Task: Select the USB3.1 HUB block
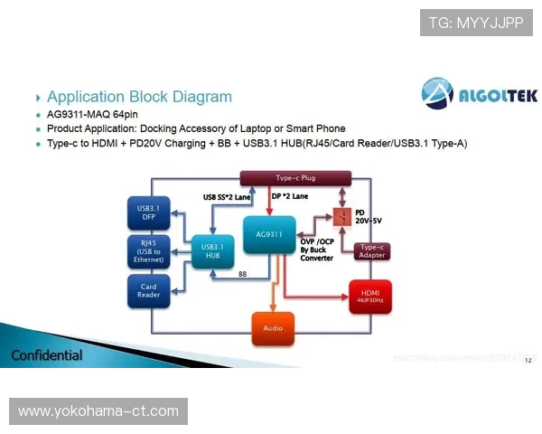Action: pos(213,250)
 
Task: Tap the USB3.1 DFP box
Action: pos(148,214)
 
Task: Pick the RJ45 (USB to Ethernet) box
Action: pos(148,252)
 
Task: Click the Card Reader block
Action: pos(148,290)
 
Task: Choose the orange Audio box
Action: pos(273,326)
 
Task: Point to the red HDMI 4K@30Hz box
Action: pos(370,296)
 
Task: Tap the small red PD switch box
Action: pos(341,218)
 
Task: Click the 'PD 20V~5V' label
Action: pos(369,218)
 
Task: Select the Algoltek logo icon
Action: pos(439,93)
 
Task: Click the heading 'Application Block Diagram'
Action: pos(139,97)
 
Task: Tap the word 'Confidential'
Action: pos(47,355)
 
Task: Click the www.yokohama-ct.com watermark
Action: pos(98,411)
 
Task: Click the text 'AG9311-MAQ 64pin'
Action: pos(94,115)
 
